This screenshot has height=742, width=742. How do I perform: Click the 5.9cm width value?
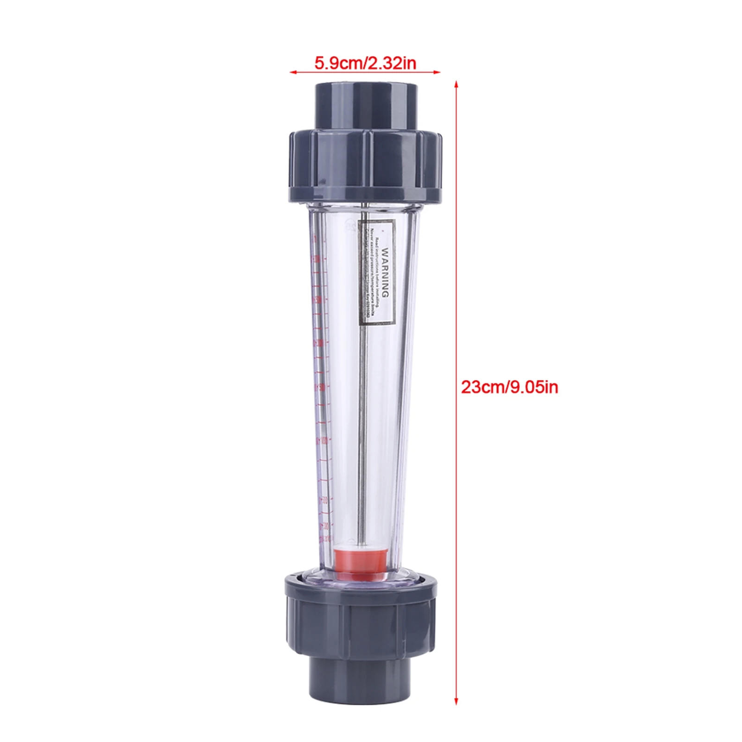339,63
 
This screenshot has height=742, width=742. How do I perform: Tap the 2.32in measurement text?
392,63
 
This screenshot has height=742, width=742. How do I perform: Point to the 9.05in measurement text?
534,387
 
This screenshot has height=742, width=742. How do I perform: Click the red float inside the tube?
360,560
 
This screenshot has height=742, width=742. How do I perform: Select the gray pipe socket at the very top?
366,106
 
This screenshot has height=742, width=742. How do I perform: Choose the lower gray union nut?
361,619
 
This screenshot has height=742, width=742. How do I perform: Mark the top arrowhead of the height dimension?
456,84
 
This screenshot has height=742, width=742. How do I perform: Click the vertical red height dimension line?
456,510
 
